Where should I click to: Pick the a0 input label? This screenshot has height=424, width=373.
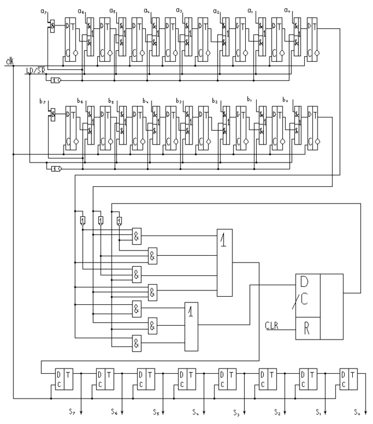click(x=287, y=10)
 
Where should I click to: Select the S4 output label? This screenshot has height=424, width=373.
click(x=195, y=412)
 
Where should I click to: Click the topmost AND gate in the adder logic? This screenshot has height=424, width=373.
click(x=137, y=235)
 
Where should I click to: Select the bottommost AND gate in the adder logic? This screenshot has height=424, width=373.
click(x=137, y=344)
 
